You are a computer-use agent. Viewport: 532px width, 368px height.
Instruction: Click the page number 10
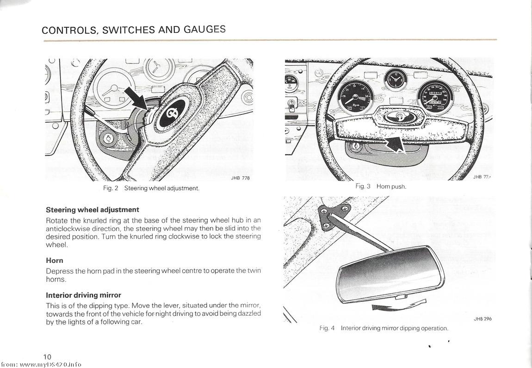point(47,356)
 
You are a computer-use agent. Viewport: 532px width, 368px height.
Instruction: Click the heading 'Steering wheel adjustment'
point(93,210)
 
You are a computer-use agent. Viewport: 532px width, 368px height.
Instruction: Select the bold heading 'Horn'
point(55,261)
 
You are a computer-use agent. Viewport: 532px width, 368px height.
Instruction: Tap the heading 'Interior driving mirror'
point(83,295)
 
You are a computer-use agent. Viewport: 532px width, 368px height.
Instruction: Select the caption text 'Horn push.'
point(391,186)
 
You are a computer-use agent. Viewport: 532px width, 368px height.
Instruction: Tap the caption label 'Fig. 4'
point(327,328)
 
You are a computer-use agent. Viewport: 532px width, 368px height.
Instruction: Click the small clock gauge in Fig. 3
point(396,79)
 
